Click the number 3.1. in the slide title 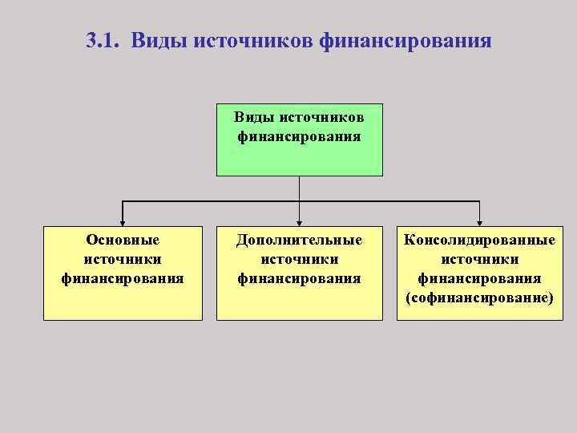103,40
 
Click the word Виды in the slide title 156,40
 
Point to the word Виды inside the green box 249,117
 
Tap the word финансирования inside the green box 299,136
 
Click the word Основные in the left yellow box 123,240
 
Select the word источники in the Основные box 123,259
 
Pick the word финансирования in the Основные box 123,278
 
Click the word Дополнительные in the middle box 299,240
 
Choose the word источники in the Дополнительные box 299,259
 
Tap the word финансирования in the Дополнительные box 299,278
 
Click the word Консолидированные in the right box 479,240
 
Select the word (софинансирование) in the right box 479,297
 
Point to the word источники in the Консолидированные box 479,259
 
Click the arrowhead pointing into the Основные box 123,222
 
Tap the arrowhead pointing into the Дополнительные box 299,222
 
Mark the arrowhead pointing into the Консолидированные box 479,222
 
